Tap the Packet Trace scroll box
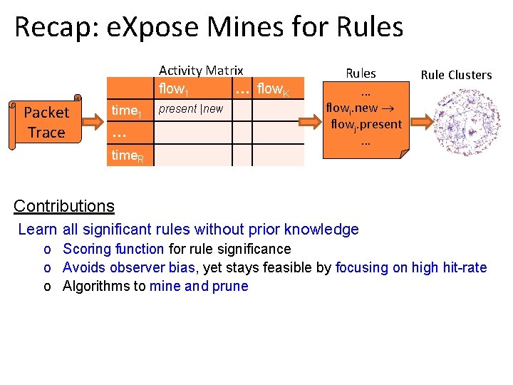(46, 123)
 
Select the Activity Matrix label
(201, 70)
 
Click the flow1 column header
(174, 88)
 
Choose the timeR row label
(128, 156)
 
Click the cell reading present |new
(190, 109)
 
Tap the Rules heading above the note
(361, 73)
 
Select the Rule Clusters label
(456, 75)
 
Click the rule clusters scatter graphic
(457, 121)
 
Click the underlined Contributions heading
(64, 206)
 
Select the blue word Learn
(38, 230)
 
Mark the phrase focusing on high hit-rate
(411, 267)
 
